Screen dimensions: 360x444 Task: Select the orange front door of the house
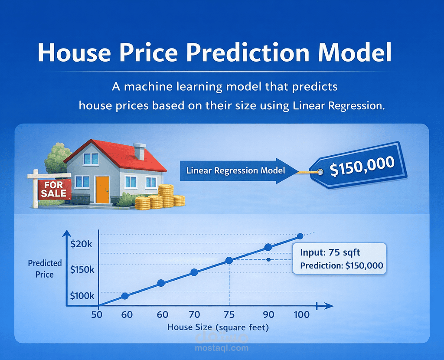coord(102,190)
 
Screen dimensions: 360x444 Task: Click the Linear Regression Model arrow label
coord(235,170)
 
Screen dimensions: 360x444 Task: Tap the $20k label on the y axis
coord(82,244)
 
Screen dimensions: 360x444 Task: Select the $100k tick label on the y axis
coord(82,296)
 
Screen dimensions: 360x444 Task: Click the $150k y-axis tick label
coord(82,269)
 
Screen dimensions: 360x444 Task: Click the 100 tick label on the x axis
coord(301,314)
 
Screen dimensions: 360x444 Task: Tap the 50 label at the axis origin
coord(97,314)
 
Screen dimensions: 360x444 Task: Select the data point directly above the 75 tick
coord(229,261)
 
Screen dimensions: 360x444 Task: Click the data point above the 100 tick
coord(300,236)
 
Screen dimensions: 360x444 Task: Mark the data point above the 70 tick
coord(194,272)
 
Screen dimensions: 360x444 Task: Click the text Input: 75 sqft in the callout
coord(330,252)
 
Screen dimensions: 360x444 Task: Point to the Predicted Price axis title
coord(45,268)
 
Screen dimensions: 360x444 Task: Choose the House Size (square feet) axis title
coord(218,327)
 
